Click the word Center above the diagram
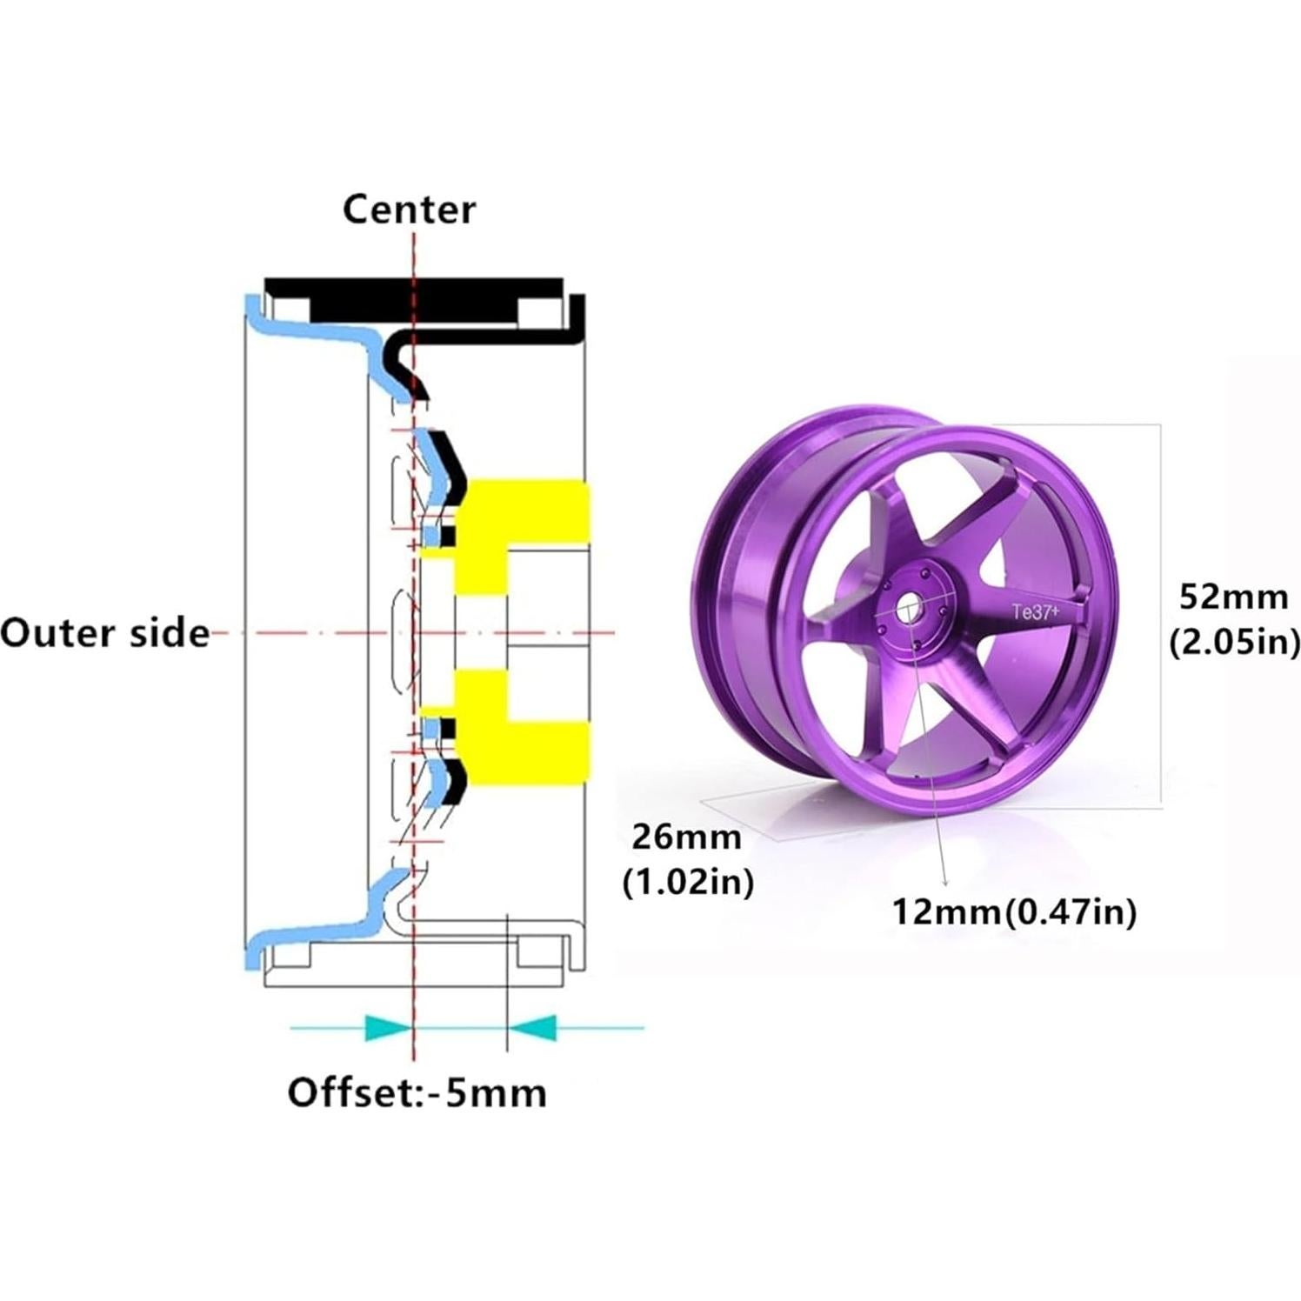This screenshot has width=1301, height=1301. point(409,210)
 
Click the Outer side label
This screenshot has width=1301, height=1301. point(104,633)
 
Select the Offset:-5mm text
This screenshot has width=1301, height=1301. point(417,1092)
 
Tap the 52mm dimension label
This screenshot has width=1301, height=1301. point(1233,597)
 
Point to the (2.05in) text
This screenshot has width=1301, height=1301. point(1234,643)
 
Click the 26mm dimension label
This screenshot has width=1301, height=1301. point(686,837)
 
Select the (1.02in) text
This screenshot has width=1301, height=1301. point(688,883)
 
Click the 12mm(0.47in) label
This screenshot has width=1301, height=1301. point(1014,912)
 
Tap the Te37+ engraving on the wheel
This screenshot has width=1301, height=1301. point(1035,612)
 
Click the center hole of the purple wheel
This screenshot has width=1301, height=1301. point(910,610)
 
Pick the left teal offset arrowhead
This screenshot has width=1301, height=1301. point(387,1027)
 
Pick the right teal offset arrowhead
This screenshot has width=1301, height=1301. point(532,1027)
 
